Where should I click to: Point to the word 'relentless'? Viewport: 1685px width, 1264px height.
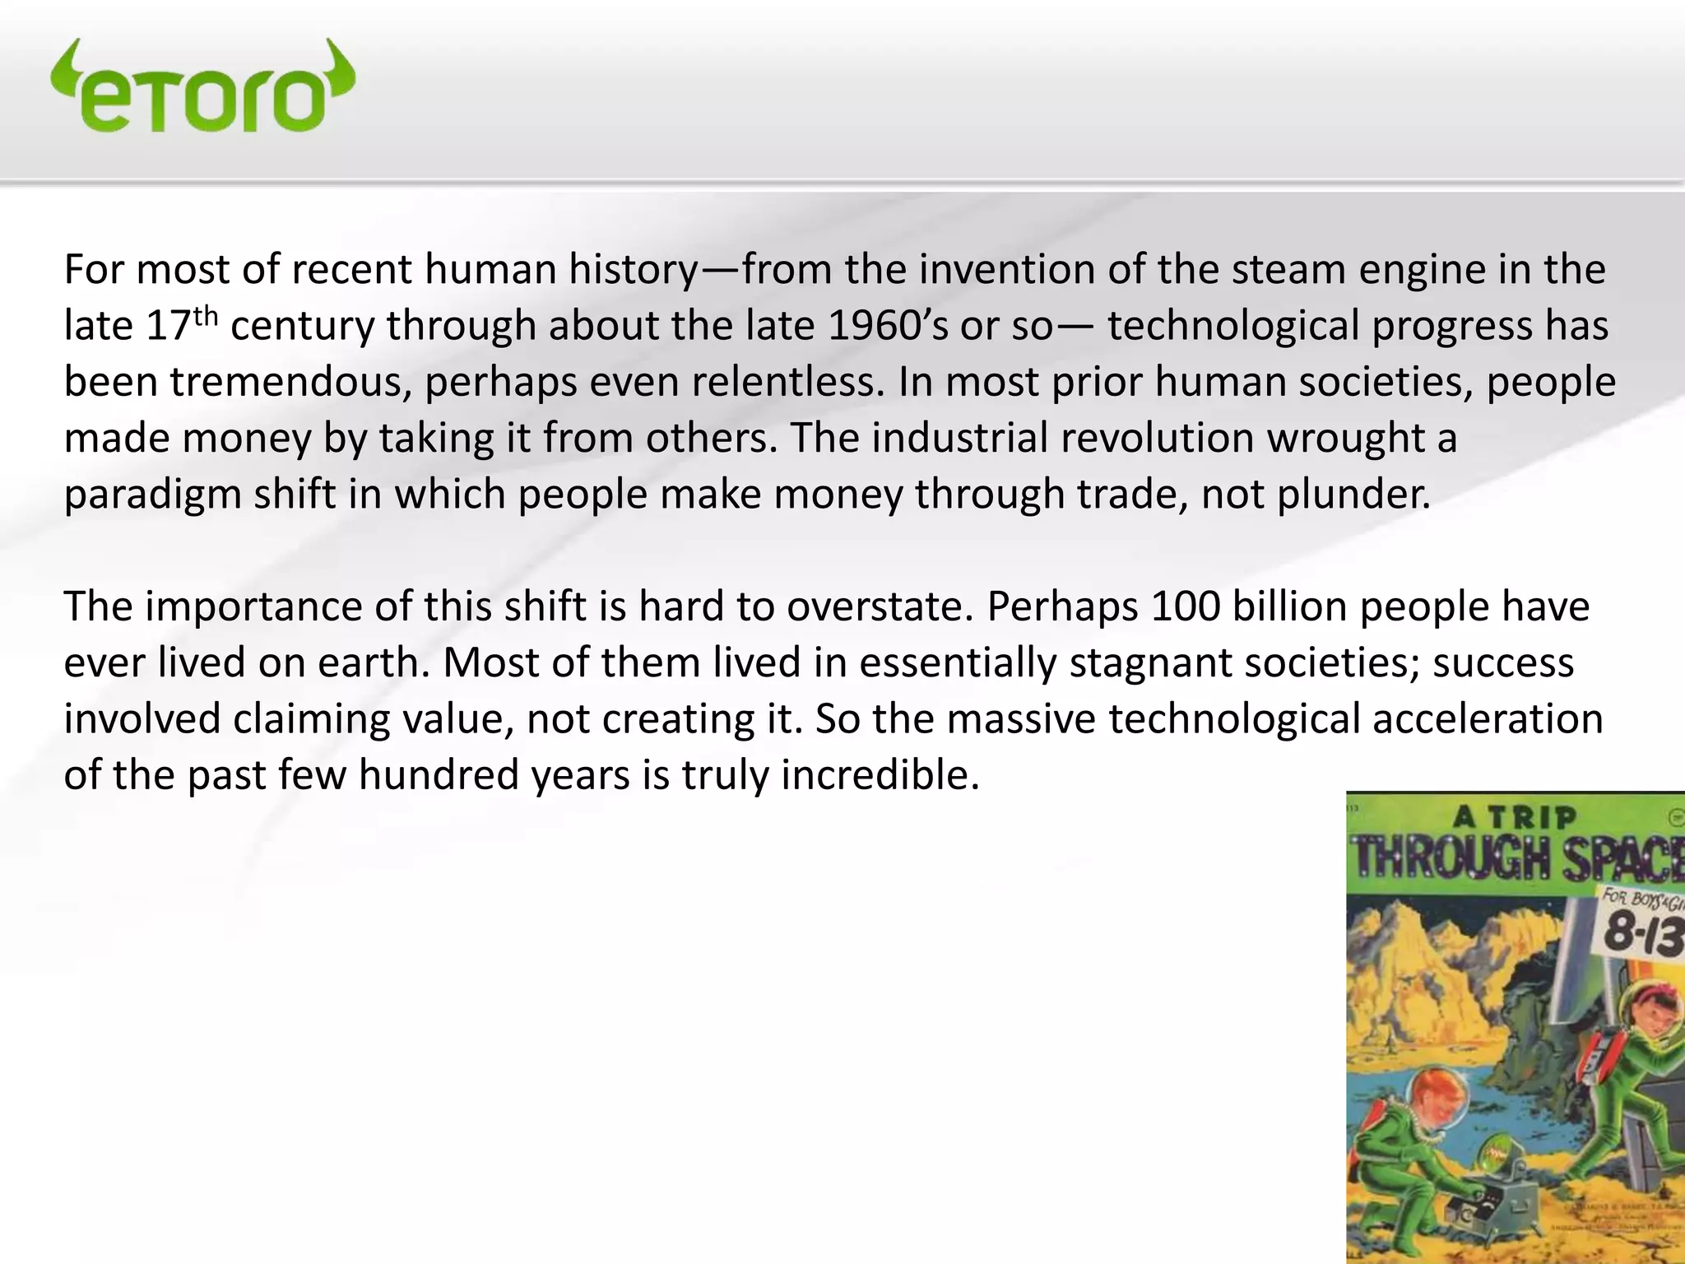coord(793,383)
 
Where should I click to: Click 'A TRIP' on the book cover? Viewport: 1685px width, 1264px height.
coord(1514,818)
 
